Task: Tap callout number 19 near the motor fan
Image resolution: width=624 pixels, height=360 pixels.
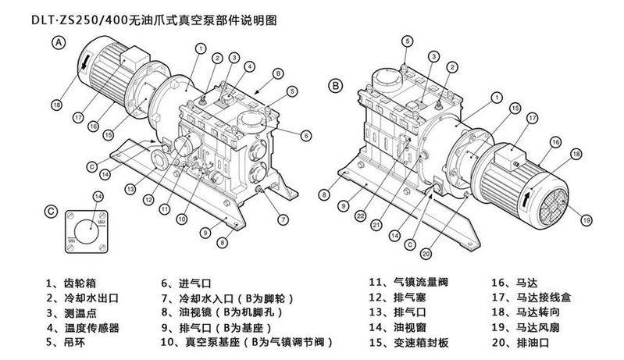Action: pyautogui.click(x=587, y=221)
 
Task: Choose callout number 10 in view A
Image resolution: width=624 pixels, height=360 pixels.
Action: pyautogui.click(x=180, y=220)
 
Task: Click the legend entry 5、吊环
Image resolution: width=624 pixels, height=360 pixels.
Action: pyautogui.click(x=67, y=343)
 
